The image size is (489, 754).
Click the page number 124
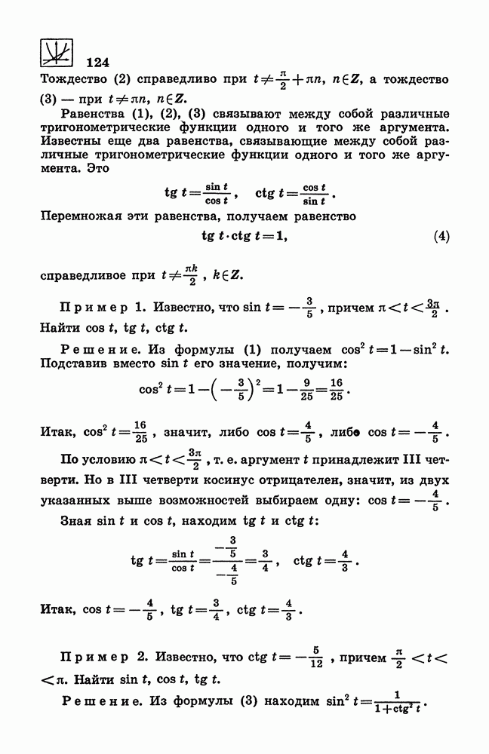click(100, 62)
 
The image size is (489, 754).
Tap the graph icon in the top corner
click(54, 51)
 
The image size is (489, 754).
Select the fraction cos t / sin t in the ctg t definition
click(312, 194)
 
